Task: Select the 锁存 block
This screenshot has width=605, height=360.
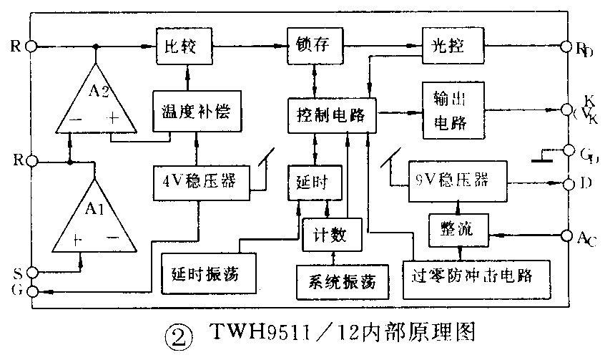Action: pyautogui.click(x=313, y=47)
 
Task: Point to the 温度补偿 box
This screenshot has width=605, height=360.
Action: pyautogui.click(x=195, y=112)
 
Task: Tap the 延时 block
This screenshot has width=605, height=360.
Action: pyautogui.click(x=311, y=182)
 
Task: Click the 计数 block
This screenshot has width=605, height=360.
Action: pyautogui.click(x=328, y=233)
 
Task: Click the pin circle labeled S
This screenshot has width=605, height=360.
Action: pyautogui.click(x=31, y=273)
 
